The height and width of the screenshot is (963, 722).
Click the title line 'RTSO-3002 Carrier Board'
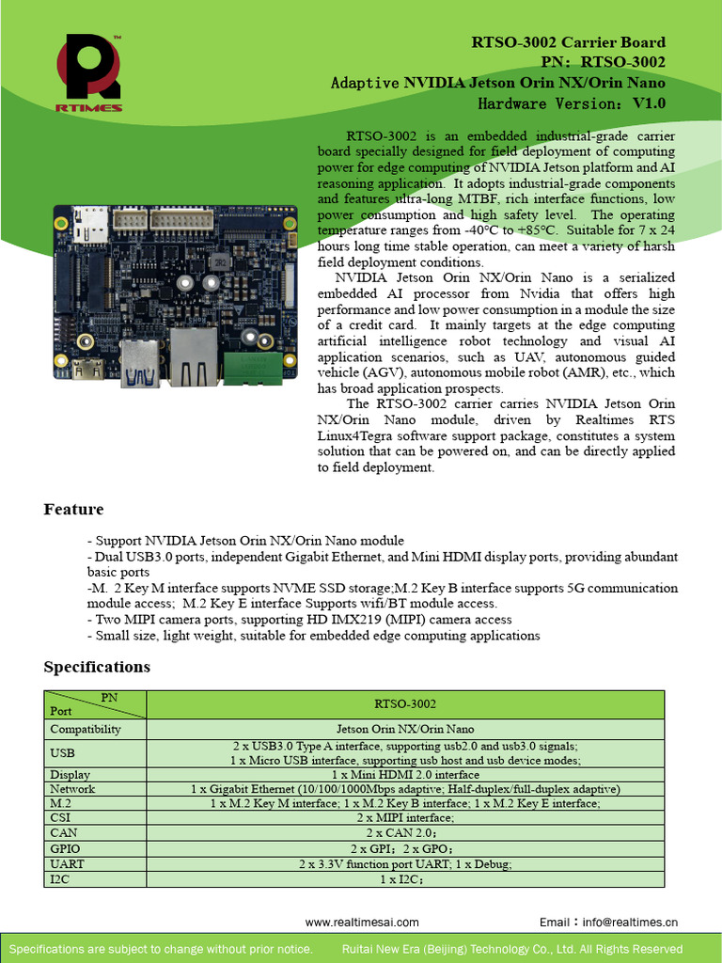(568, 42)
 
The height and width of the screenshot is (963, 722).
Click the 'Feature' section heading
(73, 510)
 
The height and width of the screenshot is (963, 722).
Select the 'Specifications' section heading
(97, 667)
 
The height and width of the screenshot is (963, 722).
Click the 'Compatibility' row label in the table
(86, 729)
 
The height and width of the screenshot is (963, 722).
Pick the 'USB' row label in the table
(62, 752)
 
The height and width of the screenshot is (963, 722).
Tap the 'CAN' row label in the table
(63, 832)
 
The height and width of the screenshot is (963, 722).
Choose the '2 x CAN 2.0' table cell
(404, 832)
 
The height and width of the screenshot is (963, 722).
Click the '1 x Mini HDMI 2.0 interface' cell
(405, 775)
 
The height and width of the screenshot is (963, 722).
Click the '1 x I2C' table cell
(404, 879)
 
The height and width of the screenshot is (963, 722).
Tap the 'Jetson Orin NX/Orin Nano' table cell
(405, 729)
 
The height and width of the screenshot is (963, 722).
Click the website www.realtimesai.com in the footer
(362, 923)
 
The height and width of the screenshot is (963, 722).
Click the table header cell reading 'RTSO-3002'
(405, 703)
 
